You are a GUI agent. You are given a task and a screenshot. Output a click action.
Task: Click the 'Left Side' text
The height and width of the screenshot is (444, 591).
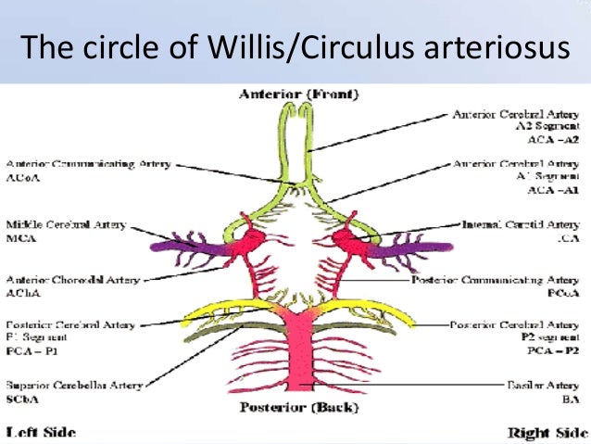pyautogui.click(x=41, y=432)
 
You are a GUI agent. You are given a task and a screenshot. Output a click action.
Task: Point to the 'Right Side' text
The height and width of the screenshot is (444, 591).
pyautogui.click(x=547, y=432)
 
